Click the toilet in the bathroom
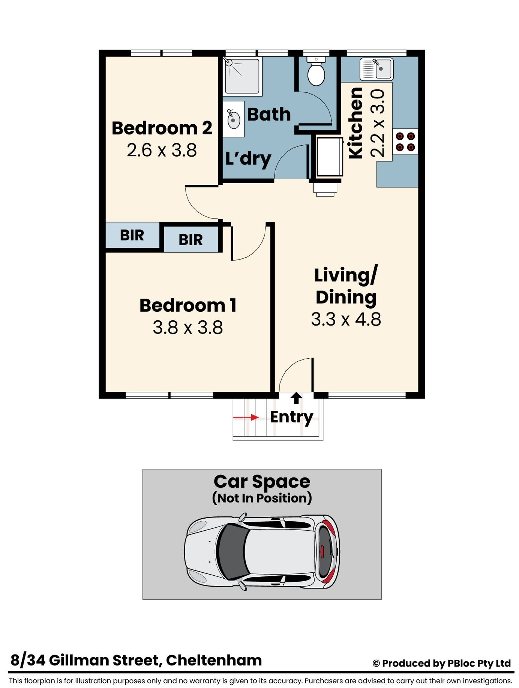click(x=316, y=71)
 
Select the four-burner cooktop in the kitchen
click(x=405, y=142)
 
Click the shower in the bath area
click(x=242, y=76)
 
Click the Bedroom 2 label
click(x=162, y=128)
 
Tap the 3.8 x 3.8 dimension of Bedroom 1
click(x=188, y=327)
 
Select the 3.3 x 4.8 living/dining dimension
click(x=346, y=319)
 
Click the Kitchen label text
click(x=355, y=123)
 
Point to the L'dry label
click(x=248, y=159)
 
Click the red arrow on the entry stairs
click(x=246, y=417)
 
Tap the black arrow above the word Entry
click(x=296, y=398)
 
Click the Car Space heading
click(x=262, y=482)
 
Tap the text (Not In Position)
click(x=262, y=498)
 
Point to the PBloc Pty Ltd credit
click(x=479, y=663)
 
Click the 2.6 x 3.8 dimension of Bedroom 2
click(x=162, y=150)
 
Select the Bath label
click(x=269, y=114)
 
